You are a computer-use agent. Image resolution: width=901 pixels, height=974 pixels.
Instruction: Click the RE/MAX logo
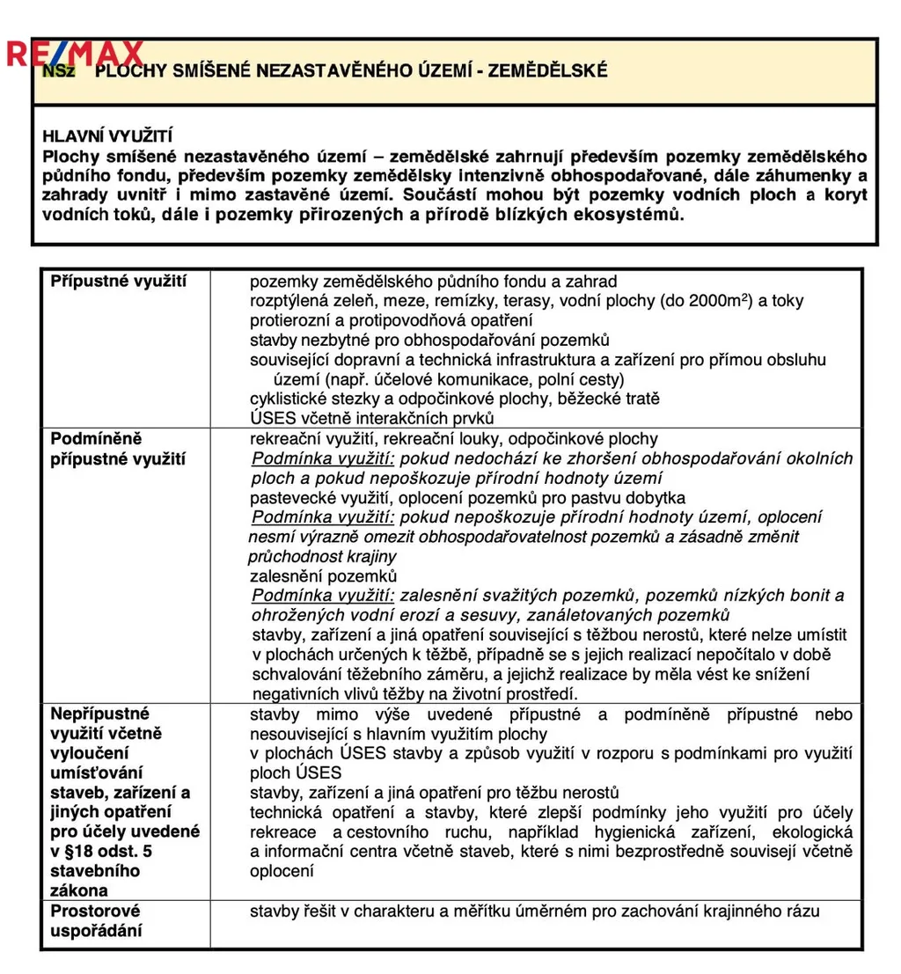tap(75, 55)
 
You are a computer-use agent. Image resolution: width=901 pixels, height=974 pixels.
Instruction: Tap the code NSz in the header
tap(58, 71)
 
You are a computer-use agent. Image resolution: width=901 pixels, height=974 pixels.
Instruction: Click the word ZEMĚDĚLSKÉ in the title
tap(549, 71)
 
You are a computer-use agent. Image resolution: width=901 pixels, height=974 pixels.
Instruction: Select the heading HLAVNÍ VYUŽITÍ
tap(107, 136)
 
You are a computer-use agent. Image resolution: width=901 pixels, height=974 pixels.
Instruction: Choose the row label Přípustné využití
tap(118, 282)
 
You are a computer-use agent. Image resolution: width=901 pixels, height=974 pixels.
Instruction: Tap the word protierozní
tap(292, 320)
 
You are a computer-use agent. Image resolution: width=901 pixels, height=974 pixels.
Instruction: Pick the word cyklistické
tap(290, 399)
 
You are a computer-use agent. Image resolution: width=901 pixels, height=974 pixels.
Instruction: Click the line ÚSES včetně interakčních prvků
tap(372, 418)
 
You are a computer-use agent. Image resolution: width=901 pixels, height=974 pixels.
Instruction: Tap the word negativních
tap(293, 694)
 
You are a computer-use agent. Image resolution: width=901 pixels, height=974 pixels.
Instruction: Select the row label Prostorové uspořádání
tap(96, 920)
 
